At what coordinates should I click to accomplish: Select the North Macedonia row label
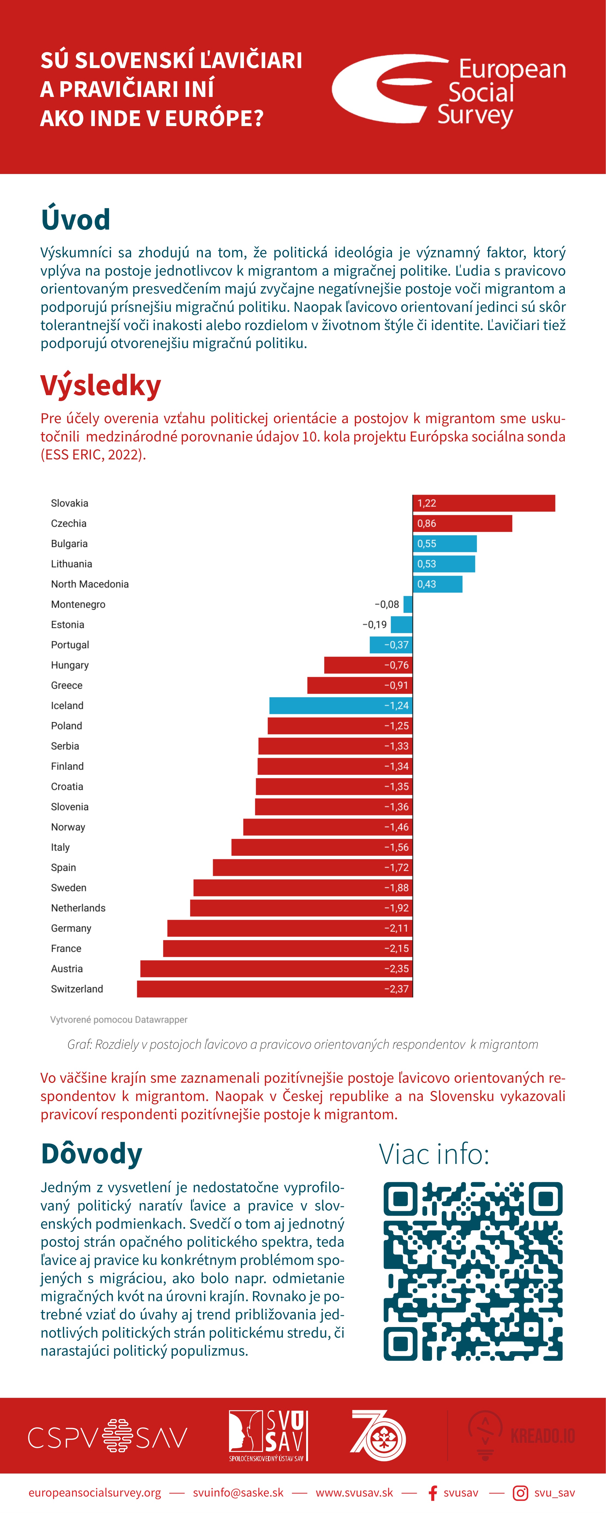[90, 584]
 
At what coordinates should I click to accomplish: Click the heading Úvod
[75, 219]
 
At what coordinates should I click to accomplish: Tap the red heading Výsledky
[101, 386]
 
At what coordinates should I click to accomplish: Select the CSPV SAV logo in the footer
[108, 1436]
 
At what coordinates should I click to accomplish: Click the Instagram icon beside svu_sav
[520, 1493]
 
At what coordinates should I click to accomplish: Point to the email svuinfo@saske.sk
[238, 1493]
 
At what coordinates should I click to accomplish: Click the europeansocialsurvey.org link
[95, 1493]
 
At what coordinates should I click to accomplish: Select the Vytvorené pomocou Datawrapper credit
[119, 1020]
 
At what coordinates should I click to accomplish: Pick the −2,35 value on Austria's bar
[396, 969]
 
